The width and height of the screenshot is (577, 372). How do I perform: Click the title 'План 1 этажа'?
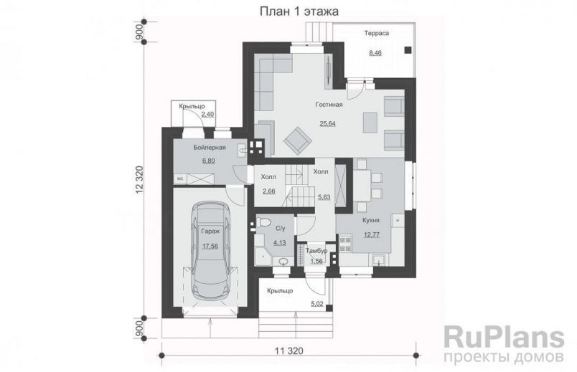[x=299, y=11]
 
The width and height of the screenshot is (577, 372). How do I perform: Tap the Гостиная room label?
[x=329, y=105]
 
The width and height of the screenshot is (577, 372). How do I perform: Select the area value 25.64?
[x=327, y=123]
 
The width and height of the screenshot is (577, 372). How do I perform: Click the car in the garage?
[x=210, y=254]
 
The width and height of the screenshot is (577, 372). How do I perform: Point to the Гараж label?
[x=210, y=232]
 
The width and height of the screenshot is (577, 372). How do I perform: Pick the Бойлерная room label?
[x=210, y=148]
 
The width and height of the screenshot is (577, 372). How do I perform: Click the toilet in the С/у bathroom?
[x=263, y=222]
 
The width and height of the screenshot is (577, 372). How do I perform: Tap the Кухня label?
[x=370, y=220]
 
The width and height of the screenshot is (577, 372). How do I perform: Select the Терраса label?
[x=377, y=33]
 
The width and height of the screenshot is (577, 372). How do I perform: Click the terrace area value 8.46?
[x=375, y=53]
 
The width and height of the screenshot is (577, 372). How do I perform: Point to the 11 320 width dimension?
[x=289, y=351]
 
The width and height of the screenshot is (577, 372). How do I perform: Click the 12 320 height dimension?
[x=139, y=179]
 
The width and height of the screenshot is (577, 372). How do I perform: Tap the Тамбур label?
[x=316, y=251]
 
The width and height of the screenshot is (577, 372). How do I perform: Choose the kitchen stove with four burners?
[x=346, y=244]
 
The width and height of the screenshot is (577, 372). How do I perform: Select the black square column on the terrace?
[x=408, y=50]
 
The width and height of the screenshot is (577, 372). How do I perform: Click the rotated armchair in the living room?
[x=298, y=140]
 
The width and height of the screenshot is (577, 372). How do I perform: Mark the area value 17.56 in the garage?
[x=210, y=246]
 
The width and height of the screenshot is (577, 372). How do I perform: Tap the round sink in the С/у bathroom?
[x=283, y=262]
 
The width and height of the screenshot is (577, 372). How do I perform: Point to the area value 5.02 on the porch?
[x=318, y=304]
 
